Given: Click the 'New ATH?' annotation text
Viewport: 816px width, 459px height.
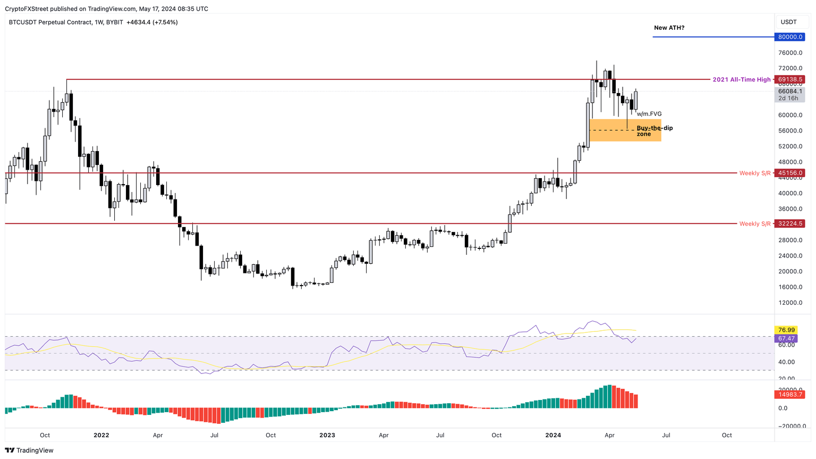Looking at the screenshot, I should click(x=669, y=28).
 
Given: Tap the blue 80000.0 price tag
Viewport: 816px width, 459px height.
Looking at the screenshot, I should click(x=789, y=37).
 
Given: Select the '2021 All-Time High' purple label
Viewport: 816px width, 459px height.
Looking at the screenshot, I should click(x=741, y=80).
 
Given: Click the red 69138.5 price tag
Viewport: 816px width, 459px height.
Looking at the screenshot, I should click(x=789, y=79).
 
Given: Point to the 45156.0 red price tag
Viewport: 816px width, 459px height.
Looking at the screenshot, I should click(x=789, y=173).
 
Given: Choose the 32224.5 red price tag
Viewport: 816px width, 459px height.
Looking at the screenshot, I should click(x=789, y=224).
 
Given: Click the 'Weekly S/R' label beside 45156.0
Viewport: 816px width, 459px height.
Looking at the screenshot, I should click(x=754, y=173).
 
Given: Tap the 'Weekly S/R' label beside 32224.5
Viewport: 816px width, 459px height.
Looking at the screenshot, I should click(x=754, y=224).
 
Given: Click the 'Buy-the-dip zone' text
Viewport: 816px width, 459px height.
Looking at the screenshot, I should click(x=654, y=131).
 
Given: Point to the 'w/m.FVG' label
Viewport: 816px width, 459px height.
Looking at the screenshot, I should click(x=649, y=114).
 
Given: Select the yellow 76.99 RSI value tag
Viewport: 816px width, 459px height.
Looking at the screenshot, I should click(x=786, y=330).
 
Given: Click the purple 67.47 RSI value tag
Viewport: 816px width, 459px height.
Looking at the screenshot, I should click(x=786, y=338).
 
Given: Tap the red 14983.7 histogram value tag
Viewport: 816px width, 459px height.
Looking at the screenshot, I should click(x=789, y=395).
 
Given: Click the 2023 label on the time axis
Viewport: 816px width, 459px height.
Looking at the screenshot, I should click(x=327, y=435).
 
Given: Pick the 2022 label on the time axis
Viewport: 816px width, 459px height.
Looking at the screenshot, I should click(x=101, y=435).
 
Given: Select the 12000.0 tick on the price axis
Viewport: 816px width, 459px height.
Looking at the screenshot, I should click(x=790, y=303).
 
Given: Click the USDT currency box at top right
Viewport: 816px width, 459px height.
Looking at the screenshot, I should click(x=788, y=22).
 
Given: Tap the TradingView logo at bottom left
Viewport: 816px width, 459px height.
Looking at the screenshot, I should click(x=30, y=450).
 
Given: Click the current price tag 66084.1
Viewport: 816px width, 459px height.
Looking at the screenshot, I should click(x=789, y=91).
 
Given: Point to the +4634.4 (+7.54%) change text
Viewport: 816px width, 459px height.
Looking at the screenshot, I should click(x=152, y=22).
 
